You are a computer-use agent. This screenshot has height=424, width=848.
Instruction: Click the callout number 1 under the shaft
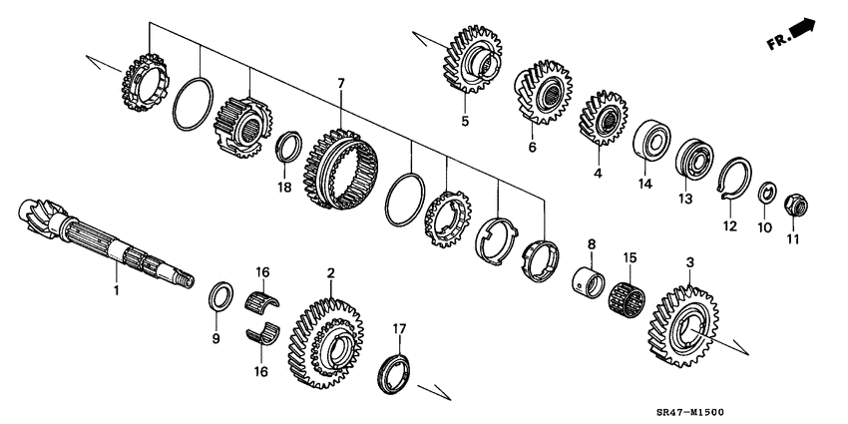coord(116,290)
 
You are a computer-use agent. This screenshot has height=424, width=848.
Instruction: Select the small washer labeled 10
coord(768,192)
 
